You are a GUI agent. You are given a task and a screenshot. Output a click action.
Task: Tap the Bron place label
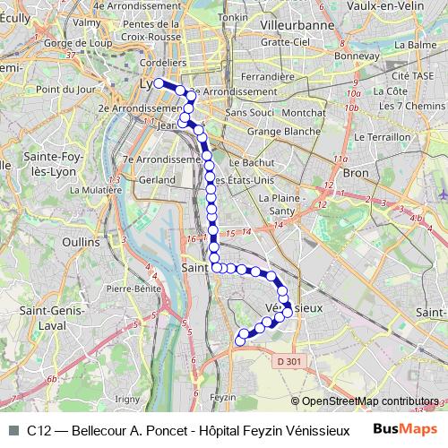tap(356, 172)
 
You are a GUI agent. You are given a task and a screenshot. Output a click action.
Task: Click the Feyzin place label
tap(222, 397)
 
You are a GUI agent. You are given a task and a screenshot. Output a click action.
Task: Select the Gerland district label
tap(157, 179)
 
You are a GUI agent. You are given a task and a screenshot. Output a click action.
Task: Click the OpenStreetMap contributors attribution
tap(368, 401)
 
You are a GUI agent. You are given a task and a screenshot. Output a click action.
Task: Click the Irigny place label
tap(128, 398)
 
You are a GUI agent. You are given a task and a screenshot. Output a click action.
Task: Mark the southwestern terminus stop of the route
tap(239, 340)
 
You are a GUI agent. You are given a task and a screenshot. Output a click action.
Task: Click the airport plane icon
tap(444, 193)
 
